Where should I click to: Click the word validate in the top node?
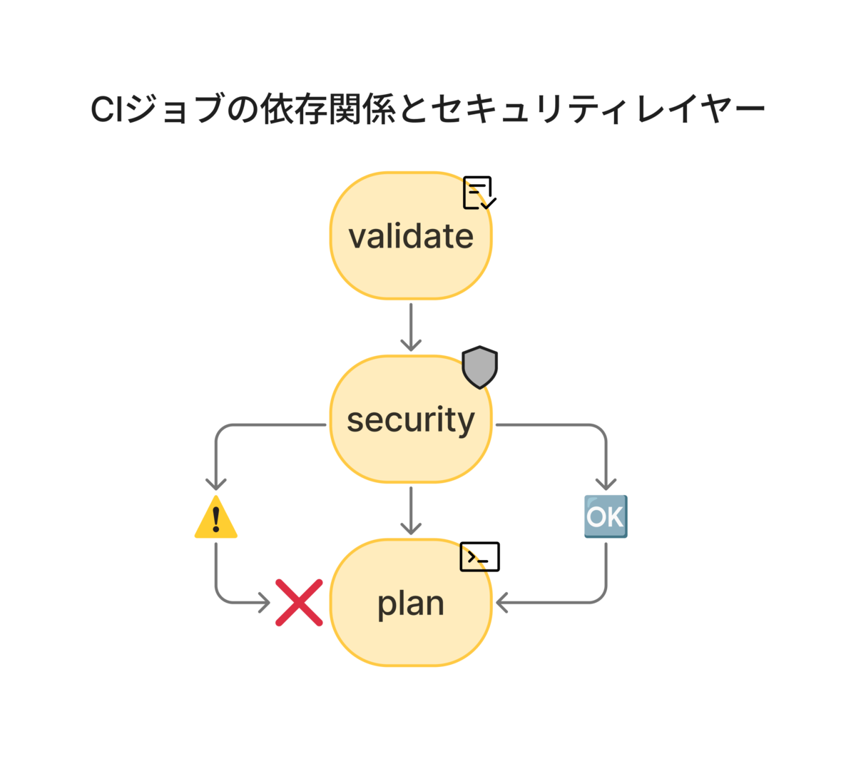pos(410,236)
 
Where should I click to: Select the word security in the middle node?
pos(410,420)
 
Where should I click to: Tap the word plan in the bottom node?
pos(410,604)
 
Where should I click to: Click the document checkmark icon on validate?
pos(479,193)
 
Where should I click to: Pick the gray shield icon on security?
pos(479,367)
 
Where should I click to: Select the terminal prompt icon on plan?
pos(479,556)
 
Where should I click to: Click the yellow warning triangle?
pos(216,517)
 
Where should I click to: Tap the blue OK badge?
pos(606,516)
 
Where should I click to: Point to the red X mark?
pos(299,603)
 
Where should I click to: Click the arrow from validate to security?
pos(411,327)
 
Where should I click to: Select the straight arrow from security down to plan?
pos(411,511)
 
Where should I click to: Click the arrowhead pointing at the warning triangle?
pos(216,484)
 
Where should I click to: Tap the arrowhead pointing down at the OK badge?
pos(606,484)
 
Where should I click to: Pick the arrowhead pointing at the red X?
pos(265,603)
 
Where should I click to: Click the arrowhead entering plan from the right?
pos(501,603)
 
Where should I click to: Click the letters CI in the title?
pos(106,108)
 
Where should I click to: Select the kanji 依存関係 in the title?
pos(327,109)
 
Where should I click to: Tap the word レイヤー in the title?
pos(700,109)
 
